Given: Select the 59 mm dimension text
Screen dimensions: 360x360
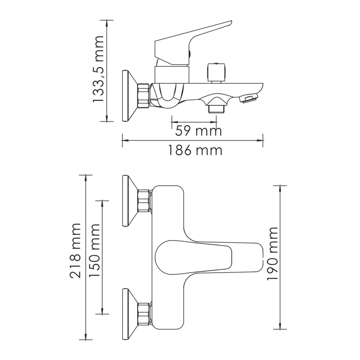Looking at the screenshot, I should pyautogui.click(x=198, y=131).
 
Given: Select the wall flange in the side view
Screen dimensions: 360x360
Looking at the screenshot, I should pyautogui.click(x=128, y=95).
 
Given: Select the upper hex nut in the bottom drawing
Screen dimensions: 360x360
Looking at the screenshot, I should pyautogui.click(x=144, y=201).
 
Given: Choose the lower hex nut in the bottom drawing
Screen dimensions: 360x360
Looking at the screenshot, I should pyautogui.click(x=144, y=314).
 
